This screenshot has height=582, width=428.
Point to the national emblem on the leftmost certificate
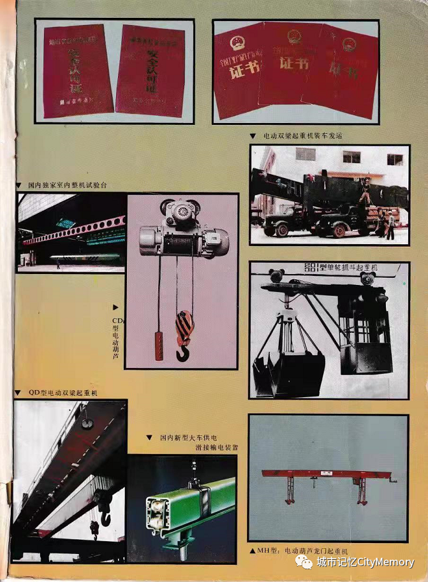[x=237, y=44]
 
